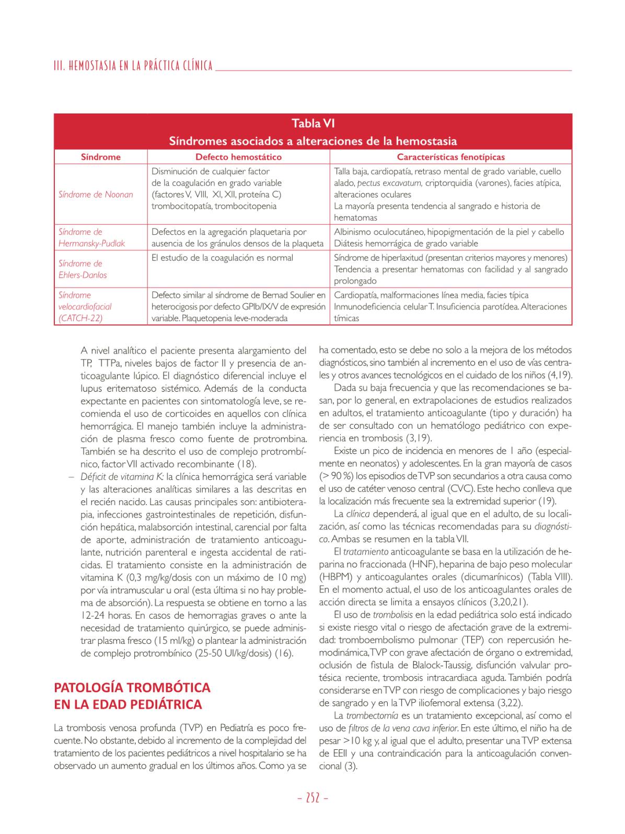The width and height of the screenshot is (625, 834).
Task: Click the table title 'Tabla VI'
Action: (x=313, y=123)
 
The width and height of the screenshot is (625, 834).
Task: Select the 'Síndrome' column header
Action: (x=100, y=157)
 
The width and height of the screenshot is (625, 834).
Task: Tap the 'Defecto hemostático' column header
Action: (x=238, y=157)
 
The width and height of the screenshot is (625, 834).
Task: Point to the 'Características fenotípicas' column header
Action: (x=450, y=157)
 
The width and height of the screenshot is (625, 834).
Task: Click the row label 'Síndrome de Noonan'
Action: (x=96, y=195)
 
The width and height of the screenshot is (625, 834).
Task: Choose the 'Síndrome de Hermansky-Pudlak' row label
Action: (x=91, y=237)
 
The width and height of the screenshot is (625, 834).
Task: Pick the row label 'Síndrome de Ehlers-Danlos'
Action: (x=83, y=269)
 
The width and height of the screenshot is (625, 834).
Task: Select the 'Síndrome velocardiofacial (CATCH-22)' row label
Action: (x=85, y=306)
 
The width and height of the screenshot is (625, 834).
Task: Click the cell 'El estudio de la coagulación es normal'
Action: (x=222, y=258)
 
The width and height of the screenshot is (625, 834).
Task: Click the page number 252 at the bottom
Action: (x=312, y=798)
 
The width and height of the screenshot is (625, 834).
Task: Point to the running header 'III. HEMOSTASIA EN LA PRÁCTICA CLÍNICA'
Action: (x=133, y=66)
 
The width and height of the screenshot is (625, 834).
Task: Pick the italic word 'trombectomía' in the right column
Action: (x=372, y=715)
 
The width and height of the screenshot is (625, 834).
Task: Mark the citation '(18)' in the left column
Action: (x=247, y=464)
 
